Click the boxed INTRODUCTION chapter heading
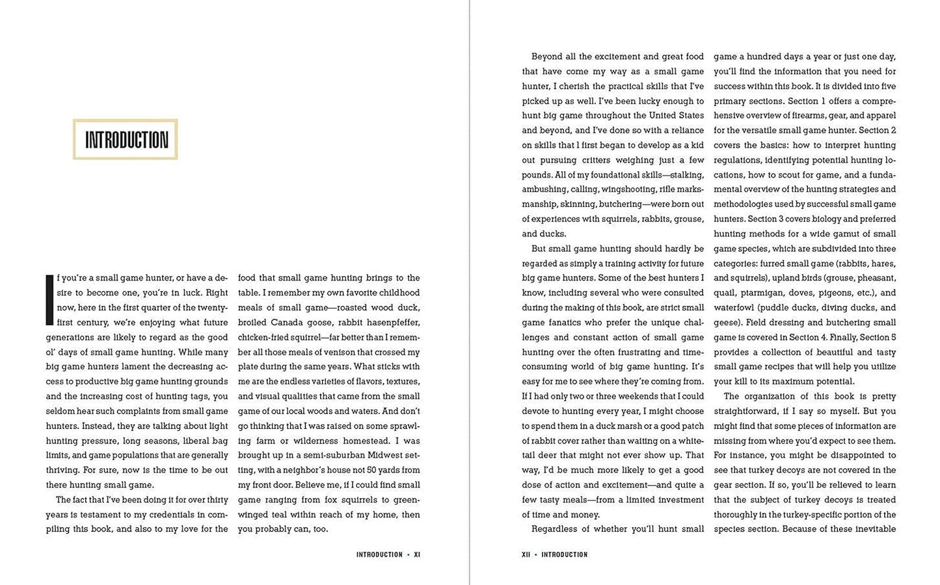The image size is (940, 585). click(126, 139)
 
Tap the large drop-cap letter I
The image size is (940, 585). click(49, 299)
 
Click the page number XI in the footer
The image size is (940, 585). click(417, 554)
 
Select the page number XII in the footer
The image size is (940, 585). click(526, 554)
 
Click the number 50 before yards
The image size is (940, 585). click(367, 470)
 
